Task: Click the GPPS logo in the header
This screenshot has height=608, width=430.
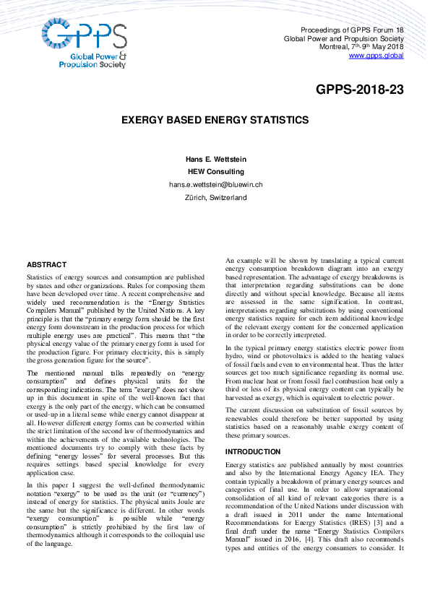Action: (84, 43)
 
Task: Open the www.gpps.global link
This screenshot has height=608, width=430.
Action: (376, 55)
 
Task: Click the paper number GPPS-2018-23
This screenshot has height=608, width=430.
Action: (359, 90)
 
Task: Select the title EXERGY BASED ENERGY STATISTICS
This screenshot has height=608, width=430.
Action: (215, 120)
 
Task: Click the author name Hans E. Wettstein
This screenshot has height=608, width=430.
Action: (215, 159)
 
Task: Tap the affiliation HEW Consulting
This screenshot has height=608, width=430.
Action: (215, 172)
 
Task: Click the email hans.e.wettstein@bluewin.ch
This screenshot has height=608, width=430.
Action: (215, 185)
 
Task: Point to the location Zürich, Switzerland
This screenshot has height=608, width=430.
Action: (215, 197)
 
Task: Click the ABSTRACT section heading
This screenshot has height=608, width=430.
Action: (46, 265)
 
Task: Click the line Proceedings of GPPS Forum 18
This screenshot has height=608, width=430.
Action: (352, 30)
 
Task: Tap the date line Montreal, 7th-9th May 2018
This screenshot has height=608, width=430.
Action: (361, 46)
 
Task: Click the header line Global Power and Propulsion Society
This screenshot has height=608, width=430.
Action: (343, 38)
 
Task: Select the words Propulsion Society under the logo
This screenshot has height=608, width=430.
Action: (92, 64)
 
